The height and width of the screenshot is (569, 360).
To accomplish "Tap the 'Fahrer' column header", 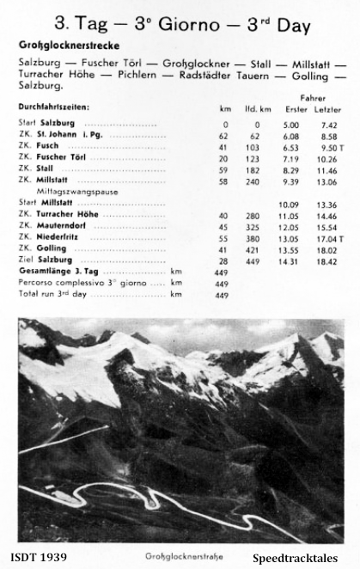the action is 314,98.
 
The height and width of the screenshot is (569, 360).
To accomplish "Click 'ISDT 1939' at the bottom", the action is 41,557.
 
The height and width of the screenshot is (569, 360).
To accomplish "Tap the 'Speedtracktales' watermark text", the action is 299,557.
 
